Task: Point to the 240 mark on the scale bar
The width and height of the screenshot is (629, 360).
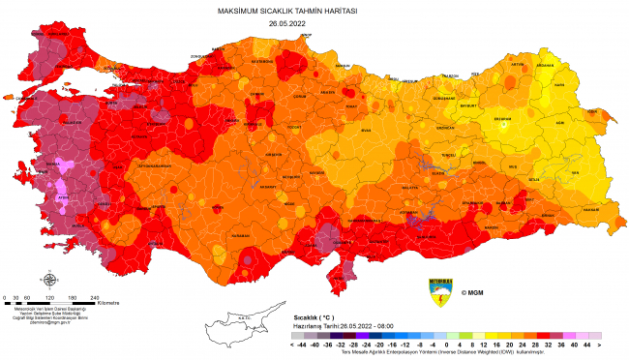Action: click(x=94, y=297)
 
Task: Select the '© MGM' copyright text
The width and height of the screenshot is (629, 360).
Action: click(x=472, y=292)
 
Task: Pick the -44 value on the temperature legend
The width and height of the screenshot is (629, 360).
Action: click(x=300, y=344)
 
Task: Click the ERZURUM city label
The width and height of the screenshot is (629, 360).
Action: click(x=503, y=118)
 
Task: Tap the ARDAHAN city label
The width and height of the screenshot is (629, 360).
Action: click(x=572, y=66)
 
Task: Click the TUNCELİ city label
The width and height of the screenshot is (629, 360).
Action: click(x=447, y=154)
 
